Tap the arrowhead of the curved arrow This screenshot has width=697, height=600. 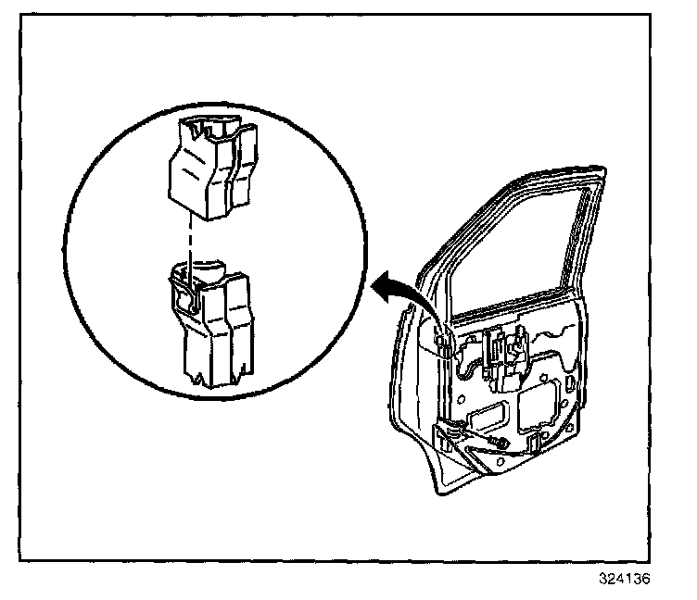coord(381,288)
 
